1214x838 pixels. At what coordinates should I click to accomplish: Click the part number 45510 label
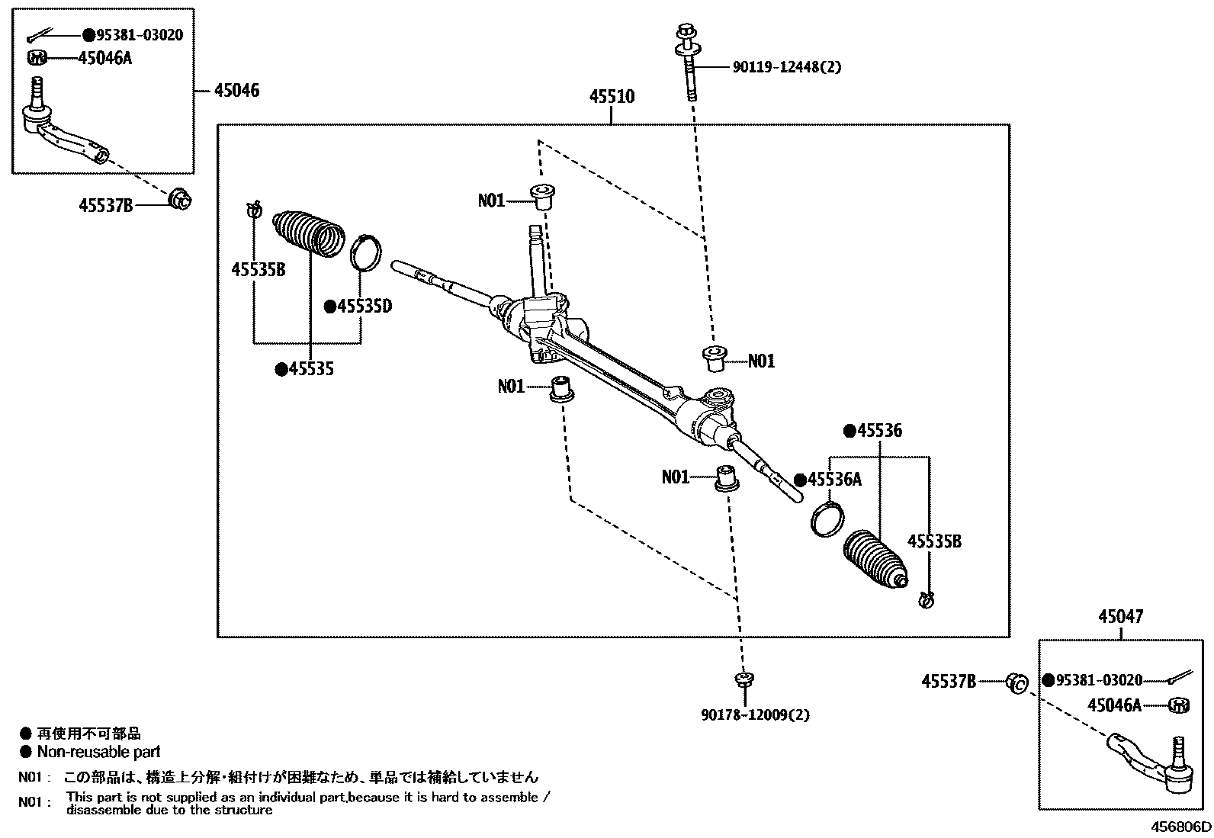pyautogui.click(x=611, y=97)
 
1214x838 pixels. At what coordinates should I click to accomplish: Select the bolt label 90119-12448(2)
pyautogui.click(x=787, y=67)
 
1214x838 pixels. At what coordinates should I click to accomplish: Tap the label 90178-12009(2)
pyautogui.click(x=755, y=714)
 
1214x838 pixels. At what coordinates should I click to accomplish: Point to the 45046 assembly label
pyautogui.click(x=236, y=91)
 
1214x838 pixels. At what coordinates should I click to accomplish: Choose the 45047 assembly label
pyautogui.click(x=1121, y=616)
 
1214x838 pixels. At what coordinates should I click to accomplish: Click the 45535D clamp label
pyautogui.click(x=364, y=307)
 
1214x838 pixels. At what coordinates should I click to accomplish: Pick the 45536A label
pyautogui.click(x=833, y=480)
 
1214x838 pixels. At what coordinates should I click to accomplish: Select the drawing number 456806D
pyautogui.click(x=1180, y=827)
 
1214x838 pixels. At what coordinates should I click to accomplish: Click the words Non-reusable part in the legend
pyautogui.click(x=99, y=752)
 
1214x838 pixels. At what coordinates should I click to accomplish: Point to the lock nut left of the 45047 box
pyautogui.click(x=1016, y=683)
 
